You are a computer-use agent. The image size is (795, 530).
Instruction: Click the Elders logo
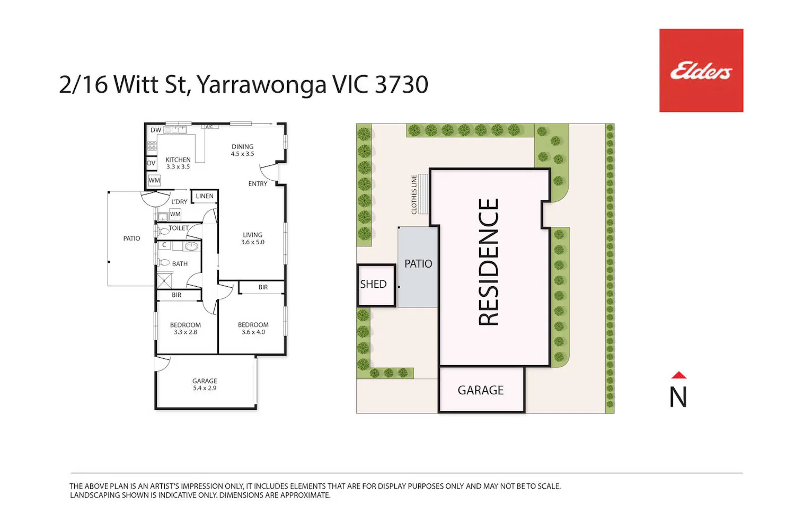pos(701,70)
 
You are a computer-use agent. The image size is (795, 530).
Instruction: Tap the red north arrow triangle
pos(678,375)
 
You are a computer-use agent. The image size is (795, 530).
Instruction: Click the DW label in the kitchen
pos(156,130)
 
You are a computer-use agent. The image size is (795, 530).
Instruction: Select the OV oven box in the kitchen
pos(151,163)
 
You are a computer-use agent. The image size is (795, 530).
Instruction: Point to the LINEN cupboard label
pos(205,196)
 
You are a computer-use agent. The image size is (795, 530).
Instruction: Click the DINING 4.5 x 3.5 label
pos(242,150)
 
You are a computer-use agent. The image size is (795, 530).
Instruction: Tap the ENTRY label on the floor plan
pos(258,183)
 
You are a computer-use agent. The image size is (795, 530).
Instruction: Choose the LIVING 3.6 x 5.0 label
pos(253,238)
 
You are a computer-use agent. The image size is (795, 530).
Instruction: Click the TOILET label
pos(179,228)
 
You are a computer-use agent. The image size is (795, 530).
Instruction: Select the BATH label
pos(180,264)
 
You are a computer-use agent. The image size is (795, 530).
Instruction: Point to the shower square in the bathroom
pos(164,280)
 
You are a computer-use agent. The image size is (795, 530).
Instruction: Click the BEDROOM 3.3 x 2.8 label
pos(185,329)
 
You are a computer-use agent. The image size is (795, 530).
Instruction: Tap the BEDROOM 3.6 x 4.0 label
pos(253,329)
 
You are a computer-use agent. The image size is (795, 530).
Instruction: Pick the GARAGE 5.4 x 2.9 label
pos(205,384)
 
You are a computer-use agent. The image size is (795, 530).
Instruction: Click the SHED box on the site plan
pos(376,286)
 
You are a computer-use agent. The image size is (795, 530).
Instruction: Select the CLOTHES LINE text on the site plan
pos(414,195)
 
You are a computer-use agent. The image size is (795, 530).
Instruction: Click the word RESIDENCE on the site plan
pos(489,262)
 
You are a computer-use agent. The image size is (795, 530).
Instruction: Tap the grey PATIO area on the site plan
pos(418,267)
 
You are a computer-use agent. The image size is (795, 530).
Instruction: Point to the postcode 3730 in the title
pos(401,84)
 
